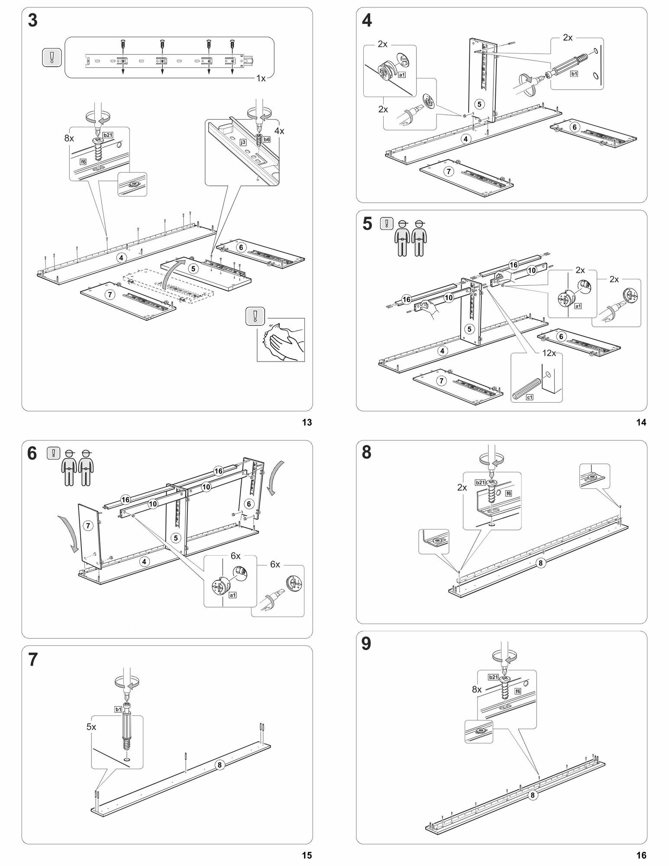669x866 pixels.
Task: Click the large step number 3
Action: pos(32,21)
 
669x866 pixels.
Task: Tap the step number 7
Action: pos(32,660)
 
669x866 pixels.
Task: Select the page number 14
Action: pos(641,423)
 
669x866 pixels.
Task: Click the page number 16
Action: pos(641,855)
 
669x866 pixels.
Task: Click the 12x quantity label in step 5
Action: pos(549,353)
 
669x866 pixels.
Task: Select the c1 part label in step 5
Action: pos(529,397)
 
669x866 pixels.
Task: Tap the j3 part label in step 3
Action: pos(243,141)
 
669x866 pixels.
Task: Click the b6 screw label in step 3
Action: pos(266,139)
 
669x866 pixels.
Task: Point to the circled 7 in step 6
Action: pos(88,526)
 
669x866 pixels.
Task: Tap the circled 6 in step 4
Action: pos(574,127)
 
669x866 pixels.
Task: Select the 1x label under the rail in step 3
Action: pos(261,78)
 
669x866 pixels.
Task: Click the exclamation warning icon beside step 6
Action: pos(53,453)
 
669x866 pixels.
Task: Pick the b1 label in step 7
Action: pos(118,709)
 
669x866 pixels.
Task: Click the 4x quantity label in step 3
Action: pos(279,130)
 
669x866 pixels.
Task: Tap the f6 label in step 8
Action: pos(508,493)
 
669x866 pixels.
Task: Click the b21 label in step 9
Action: pos(493,677)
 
